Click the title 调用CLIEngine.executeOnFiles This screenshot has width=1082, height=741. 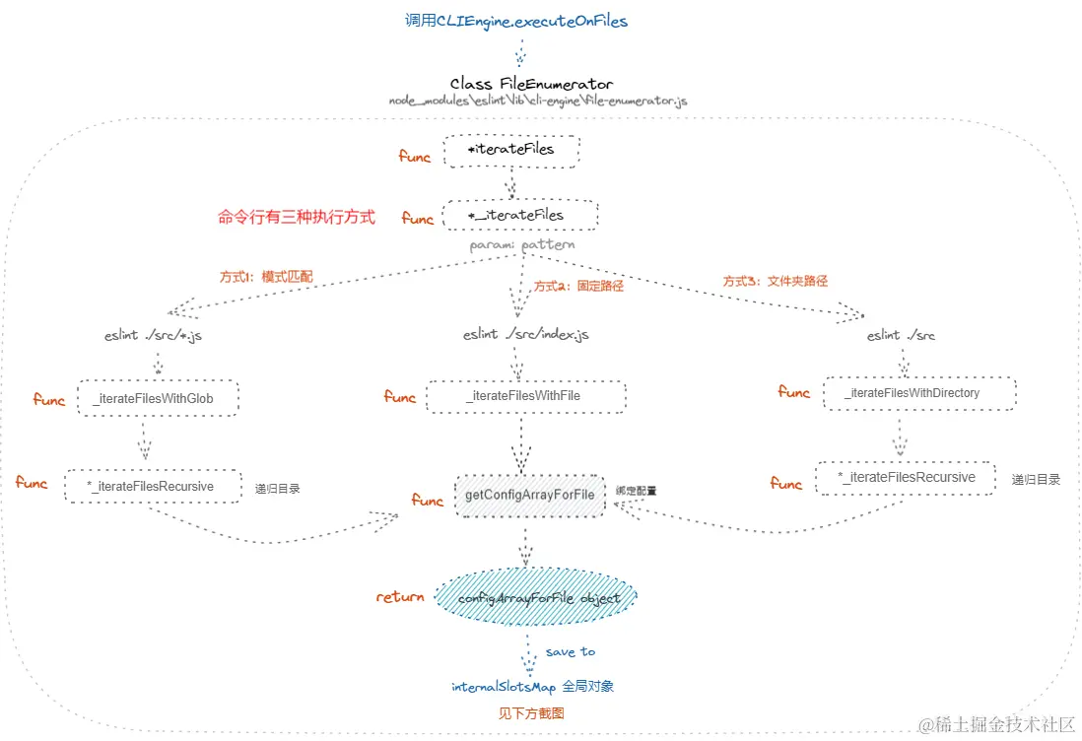click(515, 21)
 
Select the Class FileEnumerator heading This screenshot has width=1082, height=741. click(531, 84)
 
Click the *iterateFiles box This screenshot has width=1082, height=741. click(510, 150)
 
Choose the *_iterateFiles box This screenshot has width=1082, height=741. click(518, 214)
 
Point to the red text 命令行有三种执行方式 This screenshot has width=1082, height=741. click(296, 217)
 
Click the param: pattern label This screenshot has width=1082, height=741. click(522, 244)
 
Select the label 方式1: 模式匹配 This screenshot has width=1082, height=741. click(266, 277)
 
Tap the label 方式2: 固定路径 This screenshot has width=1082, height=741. click(578, 287)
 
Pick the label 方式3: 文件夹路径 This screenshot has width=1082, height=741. click(776, 281)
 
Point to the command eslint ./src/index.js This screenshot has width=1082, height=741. click(526, 335)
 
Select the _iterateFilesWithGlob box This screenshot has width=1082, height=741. click(157, 398)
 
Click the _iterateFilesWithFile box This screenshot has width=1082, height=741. click(525, 396)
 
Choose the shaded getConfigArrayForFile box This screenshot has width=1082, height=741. click(529, 495)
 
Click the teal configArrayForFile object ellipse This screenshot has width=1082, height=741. click(538, 598)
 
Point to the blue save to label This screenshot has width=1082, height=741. click(570, 651)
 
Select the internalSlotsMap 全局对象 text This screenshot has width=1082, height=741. click(532, 686)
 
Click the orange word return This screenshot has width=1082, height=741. click(399, 597)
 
